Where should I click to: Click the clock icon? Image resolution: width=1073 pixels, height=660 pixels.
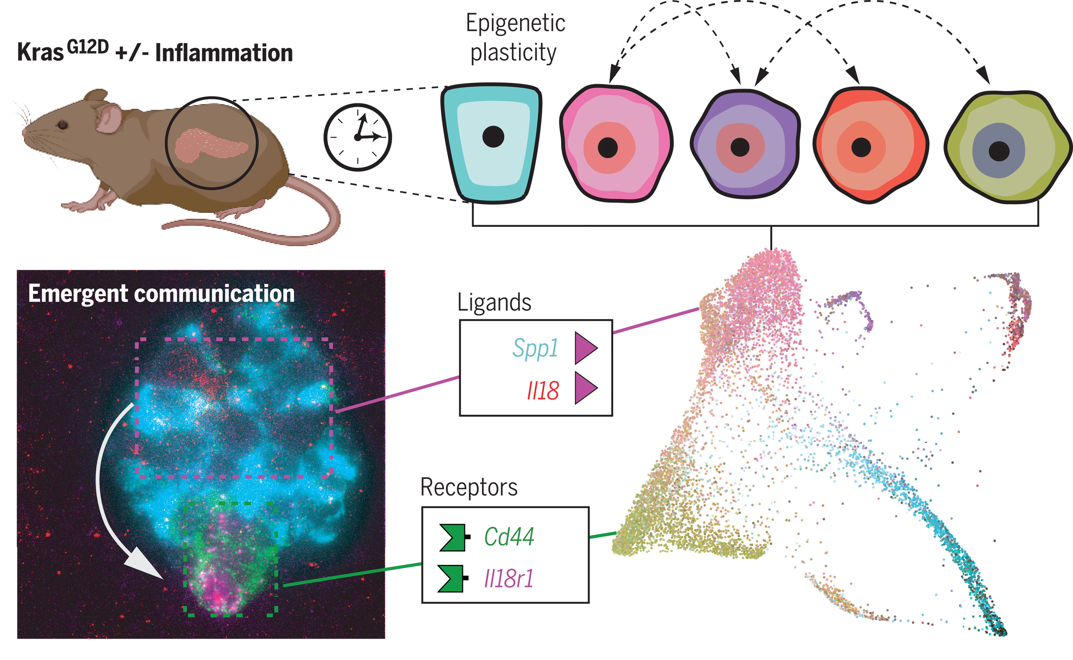tap(357, 137)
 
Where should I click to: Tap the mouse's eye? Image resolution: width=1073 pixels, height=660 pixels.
tap(63, 125)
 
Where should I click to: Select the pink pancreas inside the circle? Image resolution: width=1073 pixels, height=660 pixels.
tap(209, 144)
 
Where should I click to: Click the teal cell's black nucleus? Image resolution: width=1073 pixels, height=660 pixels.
tap(493, 137)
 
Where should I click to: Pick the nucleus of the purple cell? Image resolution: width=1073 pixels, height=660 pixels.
tap(740, 147)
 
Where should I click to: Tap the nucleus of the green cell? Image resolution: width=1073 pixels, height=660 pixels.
tap(999, 151)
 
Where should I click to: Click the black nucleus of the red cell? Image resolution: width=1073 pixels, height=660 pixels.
tap(861, 147)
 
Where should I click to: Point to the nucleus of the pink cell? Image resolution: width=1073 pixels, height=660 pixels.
tap(608, 148)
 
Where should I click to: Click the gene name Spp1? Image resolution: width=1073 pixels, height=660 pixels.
tap(535, 348)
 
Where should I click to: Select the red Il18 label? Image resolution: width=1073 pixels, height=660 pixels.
tap(543, 390)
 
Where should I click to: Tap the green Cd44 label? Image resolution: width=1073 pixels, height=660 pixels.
tap(509, 537)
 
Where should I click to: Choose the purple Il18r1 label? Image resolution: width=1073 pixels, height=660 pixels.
tap(509, 578)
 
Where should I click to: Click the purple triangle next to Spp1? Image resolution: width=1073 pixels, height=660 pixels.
tap(585, 348)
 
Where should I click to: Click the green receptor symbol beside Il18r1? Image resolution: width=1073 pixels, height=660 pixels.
tap(452, 578)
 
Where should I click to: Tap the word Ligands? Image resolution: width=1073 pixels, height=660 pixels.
tap(494, 302)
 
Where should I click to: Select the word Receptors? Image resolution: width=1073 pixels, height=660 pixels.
tap(469, 487)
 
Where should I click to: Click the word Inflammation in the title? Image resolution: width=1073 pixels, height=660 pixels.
tap(224, 53)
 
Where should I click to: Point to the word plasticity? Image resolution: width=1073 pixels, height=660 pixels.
tap(513, 52)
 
